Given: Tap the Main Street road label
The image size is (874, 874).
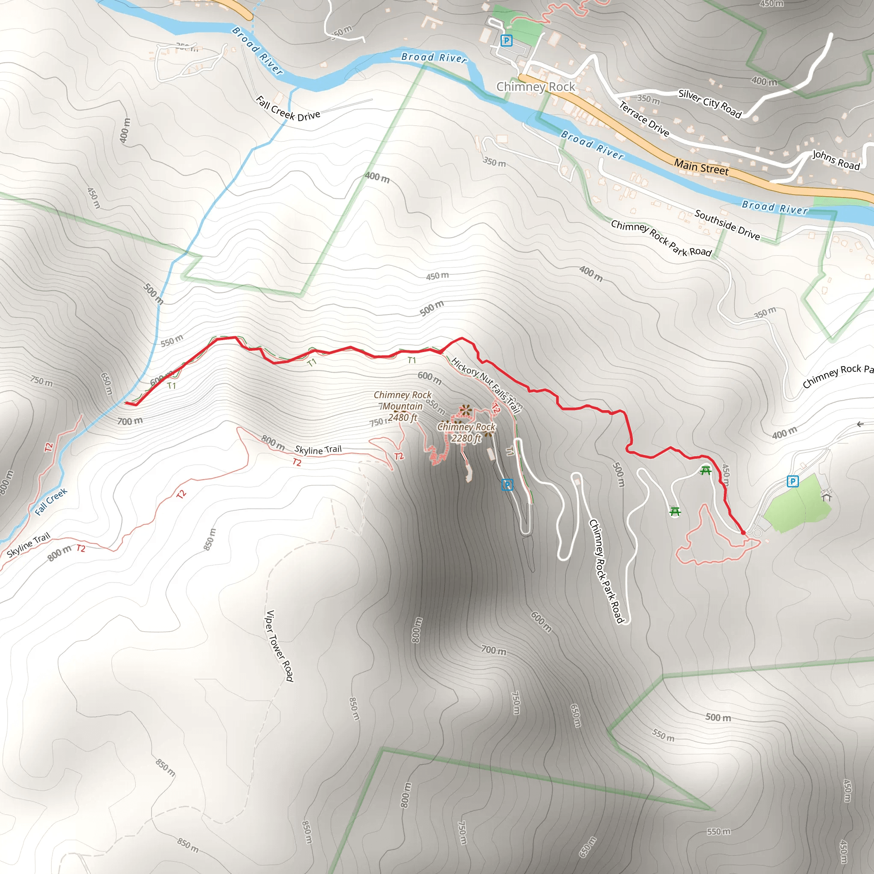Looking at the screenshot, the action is pyautogui.click(x=701, y=166).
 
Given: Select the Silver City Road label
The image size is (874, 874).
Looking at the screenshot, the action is pyautogui.click(x=709, y=103).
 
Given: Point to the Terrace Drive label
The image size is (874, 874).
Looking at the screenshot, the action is pyautogui.click(x=644, y=119).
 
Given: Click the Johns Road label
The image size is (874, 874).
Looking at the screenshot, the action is pyautogui.click(x=836, y=160).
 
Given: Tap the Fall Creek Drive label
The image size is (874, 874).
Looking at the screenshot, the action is pyautogui.click(x=288, y=109).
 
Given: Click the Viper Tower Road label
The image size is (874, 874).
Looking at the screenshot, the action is pyautogui.click(x=279, y=646).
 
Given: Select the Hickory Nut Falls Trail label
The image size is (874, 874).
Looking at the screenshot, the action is pyautogui.click(x=485, y=385).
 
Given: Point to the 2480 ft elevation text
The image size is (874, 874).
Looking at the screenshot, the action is pyautogui.click(x=402, y=417).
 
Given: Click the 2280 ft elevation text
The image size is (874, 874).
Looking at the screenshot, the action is pyautogui.click(x=466, y=438).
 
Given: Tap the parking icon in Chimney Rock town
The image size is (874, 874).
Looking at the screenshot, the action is pyautogui.click(x=506, y=41).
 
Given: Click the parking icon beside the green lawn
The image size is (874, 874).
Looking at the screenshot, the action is pyautogui.click(x=792, y=481).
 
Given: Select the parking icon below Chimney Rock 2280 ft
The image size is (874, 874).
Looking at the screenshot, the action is pyautogui.click(x=507, y=485).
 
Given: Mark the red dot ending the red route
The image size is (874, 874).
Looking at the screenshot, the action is pyautogui.click(x=743, y=533).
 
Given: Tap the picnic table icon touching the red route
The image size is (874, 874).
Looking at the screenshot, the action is pyautogui.click(x=705, y=470).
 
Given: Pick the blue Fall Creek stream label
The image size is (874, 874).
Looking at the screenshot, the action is pyautogui.click(x=51, y=502).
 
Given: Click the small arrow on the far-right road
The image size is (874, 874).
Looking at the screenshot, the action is pyautogui.click(x=860, y=424).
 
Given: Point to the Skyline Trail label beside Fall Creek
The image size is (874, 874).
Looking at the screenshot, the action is pyautogui.click(x=29, y=545).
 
